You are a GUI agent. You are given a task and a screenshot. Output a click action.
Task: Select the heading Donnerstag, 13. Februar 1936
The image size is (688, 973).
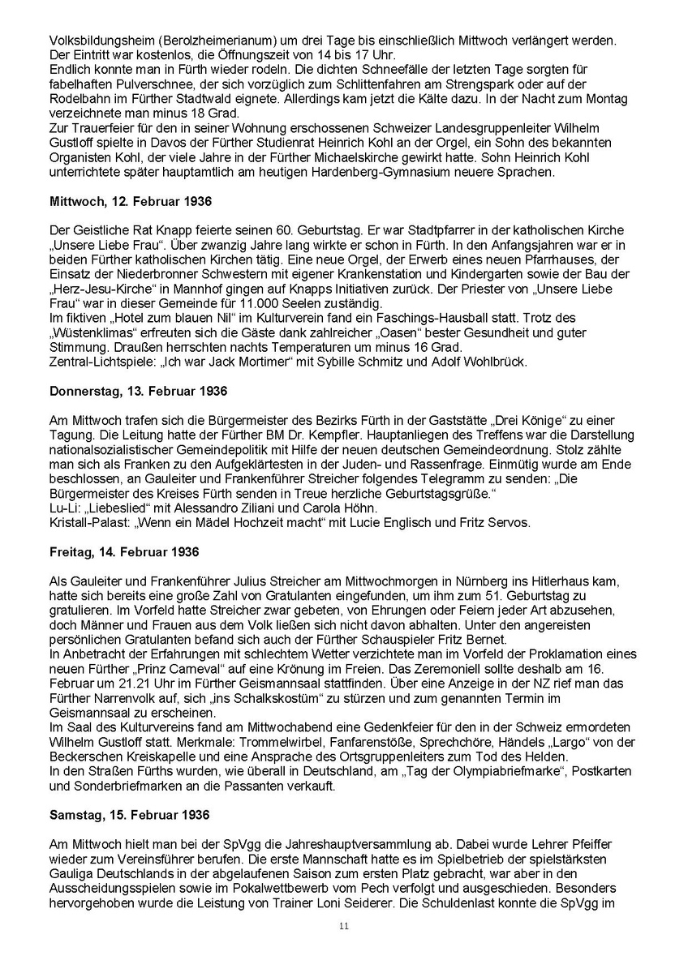tap(139, 390)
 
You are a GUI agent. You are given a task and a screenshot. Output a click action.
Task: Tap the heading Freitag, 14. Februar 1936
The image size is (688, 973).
tap(124, 551)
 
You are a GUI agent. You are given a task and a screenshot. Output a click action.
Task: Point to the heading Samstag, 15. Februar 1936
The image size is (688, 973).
tap(130, 814)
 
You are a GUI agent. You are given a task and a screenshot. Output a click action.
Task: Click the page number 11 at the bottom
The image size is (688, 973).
tap(344, 927)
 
